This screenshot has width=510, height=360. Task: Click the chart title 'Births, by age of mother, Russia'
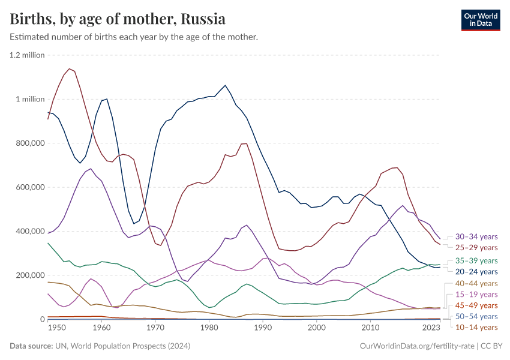tap(118, 19)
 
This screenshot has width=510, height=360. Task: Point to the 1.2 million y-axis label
tap(27, 55)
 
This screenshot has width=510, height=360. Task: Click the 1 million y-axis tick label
tap(29, 99)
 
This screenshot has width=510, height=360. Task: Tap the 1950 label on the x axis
tap(56, 328)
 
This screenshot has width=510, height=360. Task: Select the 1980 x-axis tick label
tap(209, 328)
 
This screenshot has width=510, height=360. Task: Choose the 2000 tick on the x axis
tap(316, 328)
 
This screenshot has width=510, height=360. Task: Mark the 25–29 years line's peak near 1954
tap(70, 68)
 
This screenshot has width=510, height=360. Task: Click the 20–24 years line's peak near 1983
tap(225, 85)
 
